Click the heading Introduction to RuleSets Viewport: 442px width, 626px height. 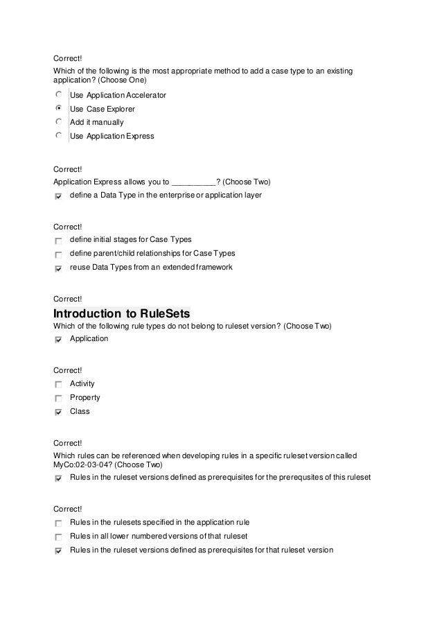click(121, 313)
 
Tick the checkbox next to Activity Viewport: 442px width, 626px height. click(58, 383)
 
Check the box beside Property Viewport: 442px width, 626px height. click(58, 398)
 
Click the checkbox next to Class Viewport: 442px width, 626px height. click(58, 412)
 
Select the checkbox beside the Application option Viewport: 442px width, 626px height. click(58, 340)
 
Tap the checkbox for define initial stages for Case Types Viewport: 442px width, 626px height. click(58, 240)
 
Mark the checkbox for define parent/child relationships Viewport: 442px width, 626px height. click(58, 254)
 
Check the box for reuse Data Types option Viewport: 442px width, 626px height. click(58, 268)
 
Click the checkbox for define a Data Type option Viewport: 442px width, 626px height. click(58, 197)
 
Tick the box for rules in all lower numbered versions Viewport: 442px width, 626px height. click(58, 537)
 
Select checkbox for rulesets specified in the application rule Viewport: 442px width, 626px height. click(58, 523)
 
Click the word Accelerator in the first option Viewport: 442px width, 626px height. click(145, 95)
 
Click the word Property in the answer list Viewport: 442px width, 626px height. click(85, 398)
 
